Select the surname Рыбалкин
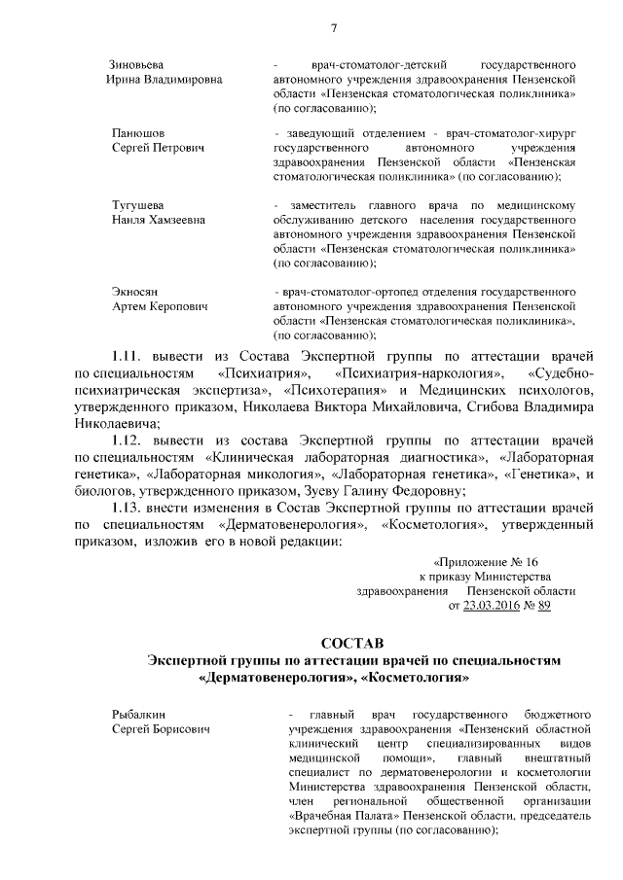point(135,716)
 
